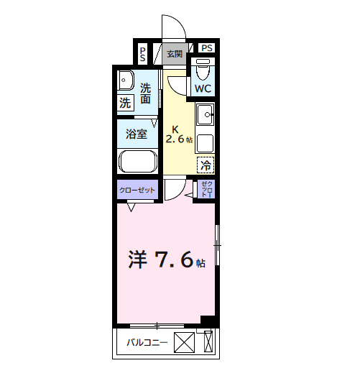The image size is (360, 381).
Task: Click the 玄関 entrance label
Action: pos(175,53)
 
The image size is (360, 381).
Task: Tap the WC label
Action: pos(202,88)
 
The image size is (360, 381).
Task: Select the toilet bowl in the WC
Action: pos(202,70)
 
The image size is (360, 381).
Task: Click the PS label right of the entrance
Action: pos(207,48)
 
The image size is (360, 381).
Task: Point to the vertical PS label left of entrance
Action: pos(143,53)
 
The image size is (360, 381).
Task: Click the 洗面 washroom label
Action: pos(146,94)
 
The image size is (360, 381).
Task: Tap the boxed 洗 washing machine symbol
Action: pos(125,103)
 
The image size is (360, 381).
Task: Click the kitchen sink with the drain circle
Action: pos(206,114)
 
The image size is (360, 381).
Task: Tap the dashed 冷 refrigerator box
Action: pos(206,165)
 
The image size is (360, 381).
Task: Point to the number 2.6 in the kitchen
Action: pos(176,139)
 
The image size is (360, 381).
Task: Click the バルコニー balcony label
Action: pos(148,343)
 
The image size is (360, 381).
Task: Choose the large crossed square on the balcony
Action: pos(185,343)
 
